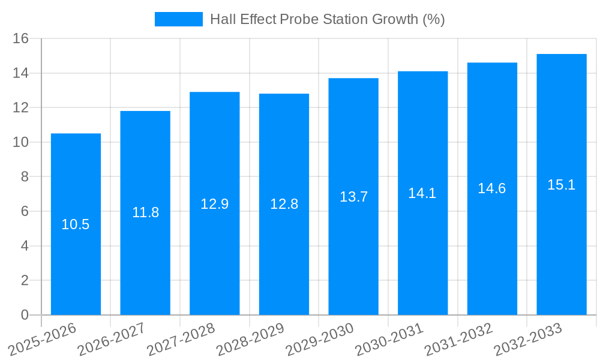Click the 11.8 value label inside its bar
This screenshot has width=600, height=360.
[x=145, y=212]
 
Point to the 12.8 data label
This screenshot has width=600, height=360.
[x=284, y=204]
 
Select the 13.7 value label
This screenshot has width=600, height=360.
[x=353, y=197]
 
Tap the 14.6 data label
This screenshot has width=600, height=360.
[x=492, y=188]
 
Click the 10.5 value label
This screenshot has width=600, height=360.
[x=76, y=225]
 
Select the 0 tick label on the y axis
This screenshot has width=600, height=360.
[x=25, y=315]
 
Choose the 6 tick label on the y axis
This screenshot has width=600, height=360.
[x=25, y=212]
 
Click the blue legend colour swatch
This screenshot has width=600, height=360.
[x=179, y=19]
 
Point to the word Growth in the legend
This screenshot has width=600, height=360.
[x=395, y=19]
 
